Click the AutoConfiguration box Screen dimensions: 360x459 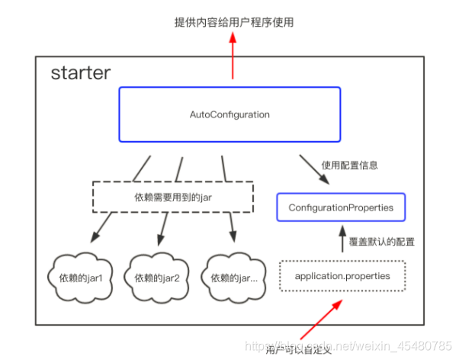pyautogui.click(x=230, y=114)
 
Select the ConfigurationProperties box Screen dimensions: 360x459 pyautogui.click(x=340, y=207)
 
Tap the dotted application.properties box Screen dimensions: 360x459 pyautogui.click(x=342, y=275)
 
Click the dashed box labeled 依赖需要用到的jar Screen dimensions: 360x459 pyautogui.click(x=173, y=196)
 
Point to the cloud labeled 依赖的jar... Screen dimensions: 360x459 pyautogui.click(x=232, y=276)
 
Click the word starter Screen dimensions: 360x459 pyautogui.click(x=81, y=74)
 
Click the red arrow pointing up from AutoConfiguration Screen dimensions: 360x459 pyautogui.click(x=233, y=57)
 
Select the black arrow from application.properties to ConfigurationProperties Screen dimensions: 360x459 pyautogui.click(x=342, y=241)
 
